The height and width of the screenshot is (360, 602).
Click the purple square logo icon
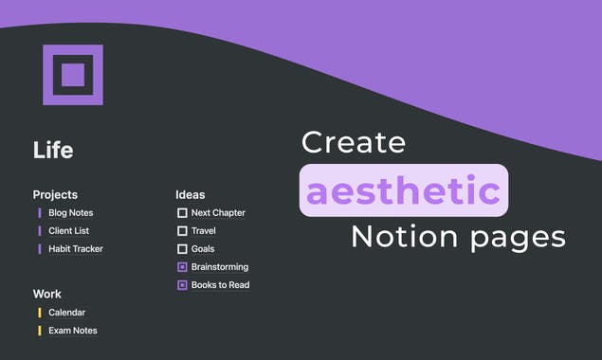[x=73, y=75]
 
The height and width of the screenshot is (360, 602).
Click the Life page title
[x=53, y=150]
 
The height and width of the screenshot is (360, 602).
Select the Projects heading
[x=55, y=194]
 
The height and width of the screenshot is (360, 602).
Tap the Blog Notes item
[x=70, y=213]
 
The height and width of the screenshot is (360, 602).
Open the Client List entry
[x=68, y=231]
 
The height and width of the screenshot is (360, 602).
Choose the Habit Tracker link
[x=75, y=249]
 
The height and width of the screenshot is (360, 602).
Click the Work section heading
[x=46, y=294]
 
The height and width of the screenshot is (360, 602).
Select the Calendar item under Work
[x=66, y=313]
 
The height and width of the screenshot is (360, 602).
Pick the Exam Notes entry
[x=72, y=331]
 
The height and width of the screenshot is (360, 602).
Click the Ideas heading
[x=190, y=194]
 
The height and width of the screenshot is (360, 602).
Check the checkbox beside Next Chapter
[x=182, y=213]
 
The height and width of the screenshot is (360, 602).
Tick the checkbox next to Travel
[x=182, y=231]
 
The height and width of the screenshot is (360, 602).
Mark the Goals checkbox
[x=182, y=249]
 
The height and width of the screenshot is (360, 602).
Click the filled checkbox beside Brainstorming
[x=182, y=267]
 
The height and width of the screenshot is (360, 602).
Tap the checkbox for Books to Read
[x=182, y=285]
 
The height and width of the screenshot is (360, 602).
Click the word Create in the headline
[x=353, y=143]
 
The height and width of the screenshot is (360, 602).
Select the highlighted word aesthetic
[x=404, y=190]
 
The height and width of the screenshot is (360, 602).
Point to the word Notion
[x=402, y=237]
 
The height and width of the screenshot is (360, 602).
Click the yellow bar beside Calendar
[x=39, y=313]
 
